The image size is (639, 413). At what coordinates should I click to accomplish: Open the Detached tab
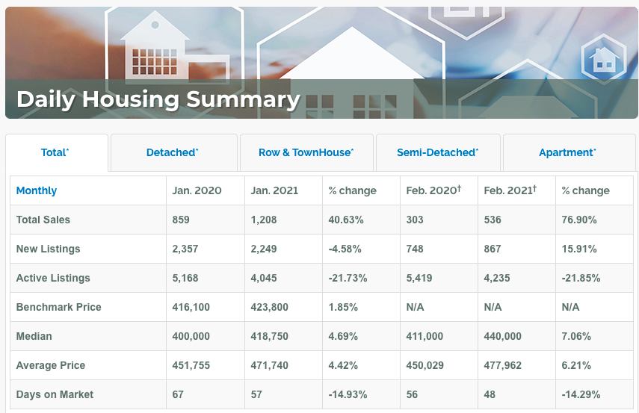pyautogui.click(x=172, y=152)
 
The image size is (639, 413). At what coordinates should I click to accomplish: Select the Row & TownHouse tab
pyautogui.click(x=306, y=152)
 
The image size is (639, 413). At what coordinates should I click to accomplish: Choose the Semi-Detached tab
pyautogui.click(x=438, y=152)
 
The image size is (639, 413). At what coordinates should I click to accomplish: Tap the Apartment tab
pyautogui.click(x=567, y=152)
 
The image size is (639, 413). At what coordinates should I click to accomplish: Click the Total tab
pyautogui.click(x=55, y=152)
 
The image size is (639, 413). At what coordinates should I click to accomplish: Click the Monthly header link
pyautogui.click(x=37, y=190)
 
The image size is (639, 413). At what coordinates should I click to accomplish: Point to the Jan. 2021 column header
pyautogui.click(x=274, y=190)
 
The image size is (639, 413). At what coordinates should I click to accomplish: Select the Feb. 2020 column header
pyautogui.click(x=433, y=190)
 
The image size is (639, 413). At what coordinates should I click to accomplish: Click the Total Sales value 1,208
pyautogui.click(x=264, y=220)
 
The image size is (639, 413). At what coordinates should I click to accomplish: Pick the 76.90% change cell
pyautogui.click(x=579, y=220)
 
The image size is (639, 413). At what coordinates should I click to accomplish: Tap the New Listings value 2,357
pyautogui.click(x=185, y=249)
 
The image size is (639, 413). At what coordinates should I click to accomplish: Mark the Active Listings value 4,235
pyautogui.click(x=497, y=278)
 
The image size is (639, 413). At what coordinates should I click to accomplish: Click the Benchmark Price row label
pyautogui.click(x=59, y=307)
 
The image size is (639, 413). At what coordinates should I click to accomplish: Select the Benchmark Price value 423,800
pyautogui.click(x=269, y=307)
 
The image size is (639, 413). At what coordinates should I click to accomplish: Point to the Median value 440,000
pyautogui.click(x=502, y=336)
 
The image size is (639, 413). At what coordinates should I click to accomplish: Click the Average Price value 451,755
pyautogui.click(x=191, y=365)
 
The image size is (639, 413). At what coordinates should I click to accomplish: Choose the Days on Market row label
pyautogui.click(x=55, y=394)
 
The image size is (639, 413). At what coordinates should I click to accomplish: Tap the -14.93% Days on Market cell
pyautogui.click(x=348, y=394)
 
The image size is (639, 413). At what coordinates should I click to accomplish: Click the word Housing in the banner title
pyautogui.click(x=131, y=100)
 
